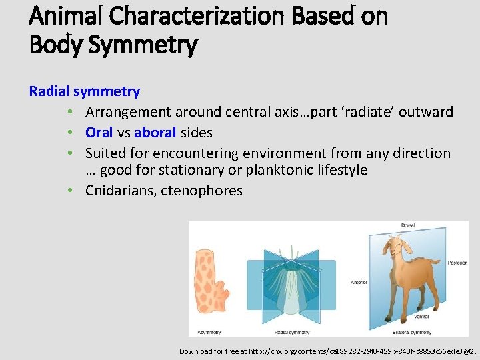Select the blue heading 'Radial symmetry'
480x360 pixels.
coord(84,91)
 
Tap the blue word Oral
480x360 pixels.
coord(99,132)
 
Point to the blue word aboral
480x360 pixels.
coord(155,132)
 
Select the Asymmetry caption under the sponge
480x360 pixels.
coord(209,332)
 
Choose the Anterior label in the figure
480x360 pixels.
coord(359,283)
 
